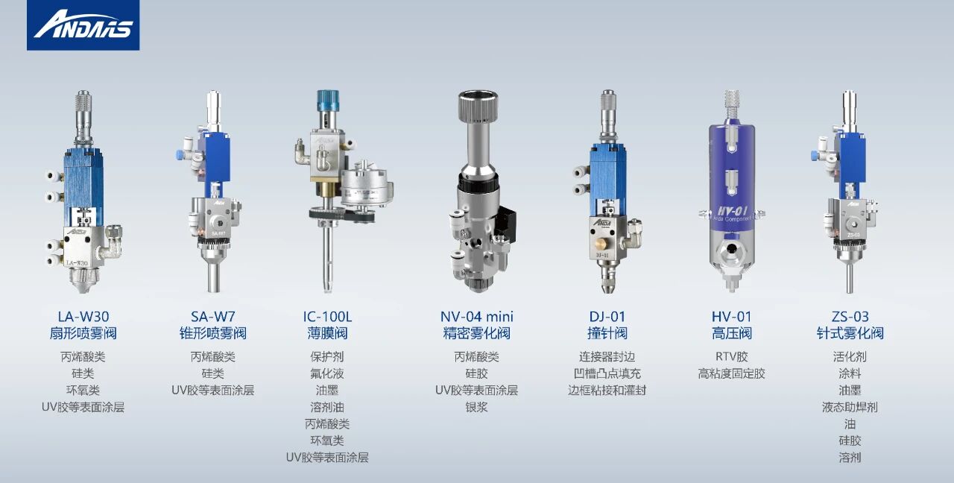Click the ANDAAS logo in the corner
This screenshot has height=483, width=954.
[x=83, y=25]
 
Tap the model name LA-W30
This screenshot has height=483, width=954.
[x=83, y=317]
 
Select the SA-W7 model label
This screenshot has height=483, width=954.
[x=213, y=317]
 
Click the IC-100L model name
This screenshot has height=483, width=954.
[x=327, y=317]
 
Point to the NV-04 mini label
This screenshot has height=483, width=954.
[x=476, y=317]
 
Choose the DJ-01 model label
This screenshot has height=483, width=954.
[x=607, y=317]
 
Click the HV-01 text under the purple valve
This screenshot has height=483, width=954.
[x=732, y=317]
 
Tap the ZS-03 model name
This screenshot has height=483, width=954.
[x=850, y=317]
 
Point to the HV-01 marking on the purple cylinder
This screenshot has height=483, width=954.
[x=733, y=210]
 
